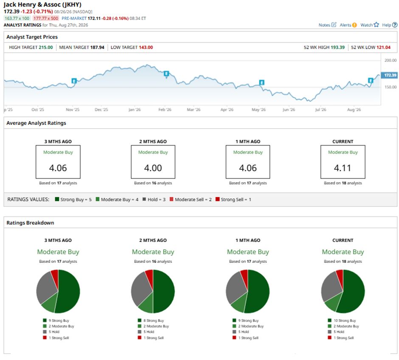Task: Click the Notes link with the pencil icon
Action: (327, 25)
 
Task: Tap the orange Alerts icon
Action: (354, 25)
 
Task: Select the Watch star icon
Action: (377, 25)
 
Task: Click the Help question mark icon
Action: (395, 25)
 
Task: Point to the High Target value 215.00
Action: (46, 47)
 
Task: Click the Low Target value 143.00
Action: (146, 47)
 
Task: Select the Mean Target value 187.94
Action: (97, 47)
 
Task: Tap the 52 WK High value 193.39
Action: (337, 47)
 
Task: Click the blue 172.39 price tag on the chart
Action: (389, 75)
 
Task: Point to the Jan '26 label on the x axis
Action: (135, 110)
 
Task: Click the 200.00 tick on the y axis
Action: (391, 60)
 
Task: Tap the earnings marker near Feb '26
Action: (166, 74)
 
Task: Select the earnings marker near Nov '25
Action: (74, 81)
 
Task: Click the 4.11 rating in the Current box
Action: (343, 168)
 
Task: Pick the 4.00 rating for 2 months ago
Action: (153, 168)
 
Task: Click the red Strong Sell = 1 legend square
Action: (217, 199)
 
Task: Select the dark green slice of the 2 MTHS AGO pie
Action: (164, 291)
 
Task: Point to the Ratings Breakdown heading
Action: (30, 223)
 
